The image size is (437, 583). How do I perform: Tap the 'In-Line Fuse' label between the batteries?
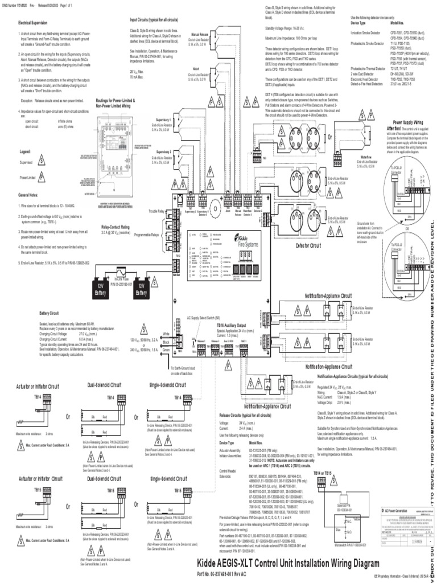tap(121, 278)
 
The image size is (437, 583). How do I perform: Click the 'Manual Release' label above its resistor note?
tap(199, 34)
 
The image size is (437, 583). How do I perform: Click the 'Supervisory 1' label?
tap(163, 104)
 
